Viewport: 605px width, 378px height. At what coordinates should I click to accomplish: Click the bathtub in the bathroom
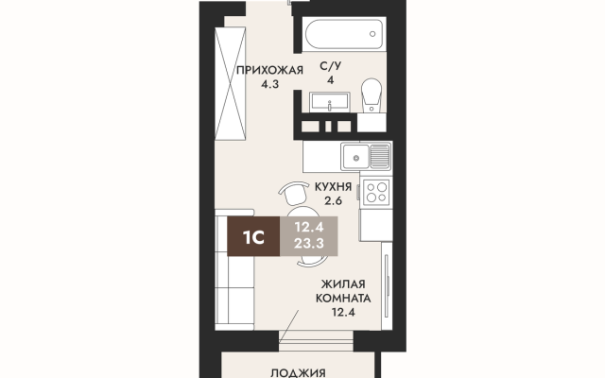click(344, 34)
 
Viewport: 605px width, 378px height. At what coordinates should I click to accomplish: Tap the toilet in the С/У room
click(372, 95)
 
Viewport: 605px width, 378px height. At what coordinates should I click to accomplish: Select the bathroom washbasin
click(330, 102)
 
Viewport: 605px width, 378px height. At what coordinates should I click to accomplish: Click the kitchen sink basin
click(355, 157)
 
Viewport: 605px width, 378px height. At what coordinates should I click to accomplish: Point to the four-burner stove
click(376, 192)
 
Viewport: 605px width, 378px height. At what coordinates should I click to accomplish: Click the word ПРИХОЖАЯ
click(269, 70)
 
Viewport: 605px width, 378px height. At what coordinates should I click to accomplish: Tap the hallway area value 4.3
click(269, 84)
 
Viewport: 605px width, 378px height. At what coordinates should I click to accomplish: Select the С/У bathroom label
click(331, 66)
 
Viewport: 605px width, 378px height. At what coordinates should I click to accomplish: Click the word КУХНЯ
click(333, 187)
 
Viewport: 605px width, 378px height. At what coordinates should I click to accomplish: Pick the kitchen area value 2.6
click(333, 201)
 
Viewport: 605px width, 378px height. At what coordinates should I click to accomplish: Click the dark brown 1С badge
click(253, 236)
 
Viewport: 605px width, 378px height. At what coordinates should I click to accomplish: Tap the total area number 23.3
click(309, 244)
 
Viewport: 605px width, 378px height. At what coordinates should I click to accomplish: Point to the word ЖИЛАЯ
click(343, 284)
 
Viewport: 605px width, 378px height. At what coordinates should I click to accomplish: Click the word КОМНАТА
click(343, 299)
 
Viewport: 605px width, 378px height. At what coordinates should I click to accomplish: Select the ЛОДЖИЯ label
click(298, 373)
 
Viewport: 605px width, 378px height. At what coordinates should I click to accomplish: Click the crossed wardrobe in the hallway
click(231, 83)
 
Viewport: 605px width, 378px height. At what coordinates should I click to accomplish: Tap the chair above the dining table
click(295, 193)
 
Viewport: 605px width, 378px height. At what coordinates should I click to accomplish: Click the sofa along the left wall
click(234, 270)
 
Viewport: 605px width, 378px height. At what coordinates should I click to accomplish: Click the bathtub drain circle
click(372, 34)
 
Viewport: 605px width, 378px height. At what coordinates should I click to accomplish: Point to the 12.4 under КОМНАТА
click(343, 312)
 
